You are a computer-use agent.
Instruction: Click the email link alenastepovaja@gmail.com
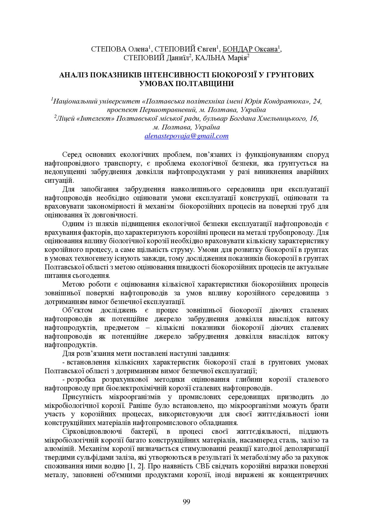click(186, 136)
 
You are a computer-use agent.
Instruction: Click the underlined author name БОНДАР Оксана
click(250, 49)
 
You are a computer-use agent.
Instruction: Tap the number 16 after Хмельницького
click(313, 119)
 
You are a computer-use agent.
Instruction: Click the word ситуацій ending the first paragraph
click(59, 181)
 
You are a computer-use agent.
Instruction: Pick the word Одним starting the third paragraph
click(72, 224)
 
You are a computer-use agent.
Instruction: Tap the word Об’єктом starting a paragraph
click(77, 310)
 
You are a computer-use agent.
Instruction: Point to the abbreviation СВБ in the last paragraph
click(204, 466)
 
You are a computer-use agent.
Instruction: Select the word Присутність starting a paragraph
click(82, 397)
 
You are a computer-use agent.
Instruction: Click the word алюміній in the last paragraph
click(59, 449)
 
